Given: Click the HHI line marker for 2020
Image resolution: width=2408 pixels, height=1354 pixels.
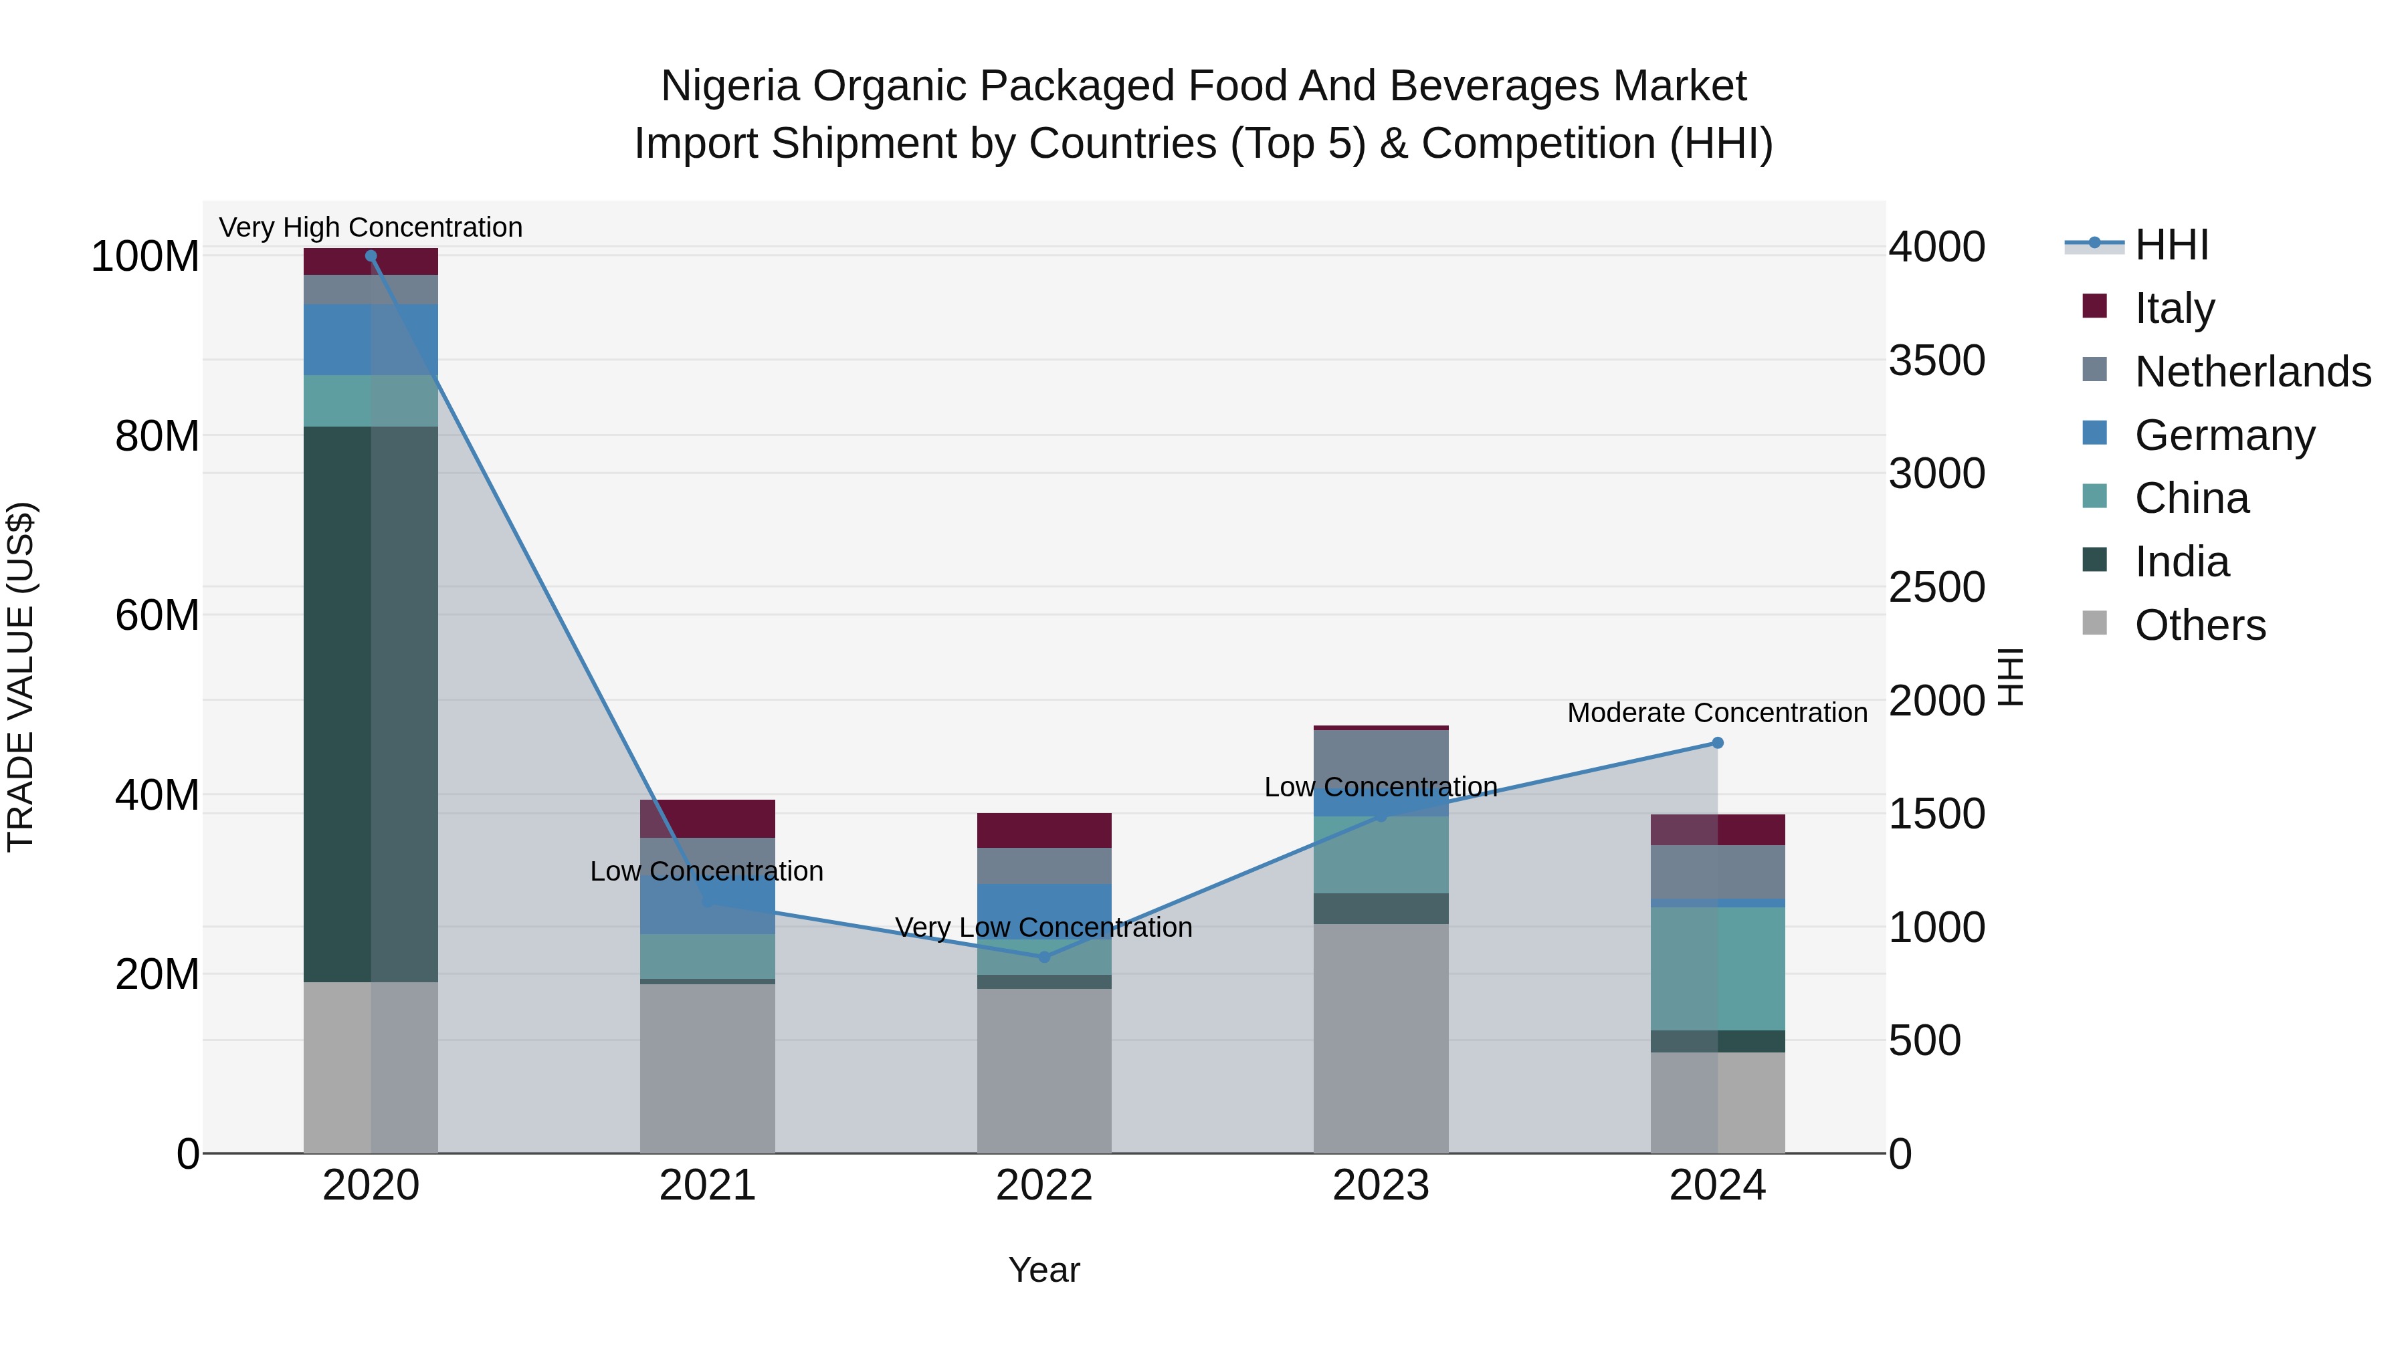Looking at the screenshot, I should click(x=371, y=256).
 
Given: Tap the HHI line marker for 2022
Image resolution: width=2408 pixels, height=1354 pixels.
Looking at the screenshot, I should click(x=1044, y=957).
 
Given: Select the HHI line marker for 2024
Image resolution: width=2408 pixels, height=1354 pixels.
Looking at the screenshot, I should click(x=1717, y=743).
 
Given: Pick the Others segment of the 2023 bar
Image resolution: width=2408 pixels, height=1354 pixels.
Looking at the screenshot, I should click(x=1381, y=1037).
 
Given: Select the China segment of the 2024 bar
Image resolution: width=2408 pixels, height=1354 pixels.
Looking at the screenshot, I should click(x=1717, y=968).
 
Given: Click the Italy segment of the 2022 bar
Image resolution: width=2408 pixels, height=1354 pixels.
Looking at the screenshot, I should click(x=1044, y=830).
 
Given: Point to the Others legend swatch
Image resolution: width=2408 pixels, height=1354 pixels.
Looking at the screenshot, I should click(x=2095, y=623).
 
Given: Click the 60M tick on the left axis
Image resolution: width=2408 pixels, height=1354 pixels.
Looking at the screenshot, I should click(x=157, y=616).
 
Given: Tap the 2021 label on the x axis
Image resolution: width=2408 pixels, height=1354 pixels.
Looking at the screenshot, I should click(x=708, y=1186).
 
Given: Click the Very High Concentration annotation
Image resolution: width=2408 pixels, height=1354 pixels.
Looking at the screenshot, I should click(x=371, y=227).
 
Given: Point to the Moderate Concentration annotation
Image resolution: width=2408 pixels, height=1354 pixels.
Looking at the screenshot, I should click(x=1717, y=713).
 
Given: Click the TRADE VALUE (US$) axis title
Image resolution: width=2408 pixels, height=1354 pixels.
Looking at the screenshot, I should click(x=21, y=677).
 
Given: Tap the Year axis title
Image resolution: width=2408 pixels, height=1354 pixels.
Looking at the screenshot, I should click(x=1044, y=1270).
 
